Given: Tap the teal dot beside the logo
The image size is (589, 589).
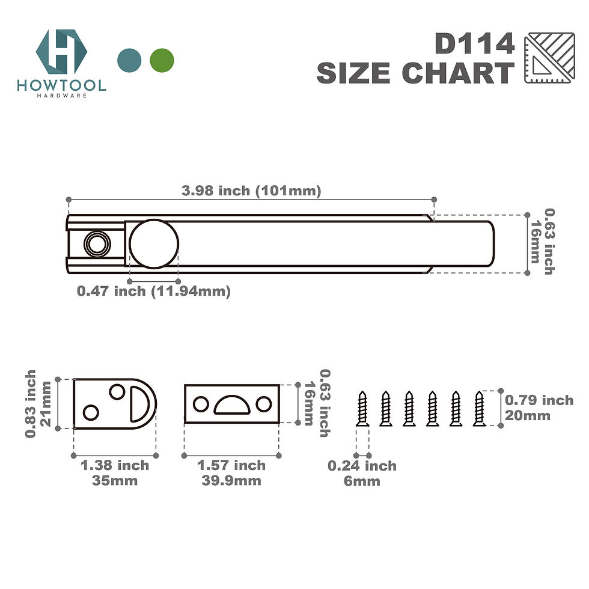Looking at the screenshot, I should point(130,60).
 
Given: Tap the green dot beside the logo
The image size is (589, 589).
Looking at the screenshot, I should point(162,60).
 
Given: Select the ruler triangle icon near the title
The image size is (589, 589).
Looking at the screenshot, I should point(545,58).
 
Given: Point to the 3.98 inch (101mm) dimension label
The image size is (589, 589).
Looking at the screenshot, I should point(251,191).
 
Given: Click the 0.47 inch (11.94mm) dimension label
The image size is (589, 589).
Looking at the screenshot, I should point(154,291).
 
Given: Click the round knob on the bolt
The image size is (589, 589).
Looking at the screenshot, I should point(154,243).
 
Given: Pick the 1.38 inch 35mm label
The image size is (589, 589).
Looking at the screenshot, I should point(115,472).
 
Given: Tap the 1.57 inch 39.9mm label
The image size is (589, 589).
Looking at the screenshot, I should point(231,472).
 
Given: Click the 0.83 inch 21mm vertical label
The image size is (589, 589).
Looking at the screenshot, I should point(37,403).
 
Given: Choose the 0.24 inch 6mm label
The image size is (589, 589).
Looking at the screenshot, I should point(362,473).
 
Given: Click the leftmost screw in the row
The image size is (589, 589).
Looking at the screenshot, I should point(362,409).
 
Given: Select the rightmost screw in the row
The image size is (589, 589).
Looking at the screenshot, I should point(479,409).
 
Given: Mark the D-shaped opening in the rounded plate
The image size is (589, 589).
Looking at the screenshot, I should point(140,403).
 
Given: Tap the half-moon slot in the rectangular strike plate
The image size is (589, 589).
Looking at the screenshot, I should point(231,405).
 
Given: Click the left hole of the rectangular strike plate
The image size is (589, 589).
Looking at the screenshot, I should point(201,404).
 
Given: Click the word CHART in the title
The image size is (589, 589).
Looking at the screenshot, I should point(457,73).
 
